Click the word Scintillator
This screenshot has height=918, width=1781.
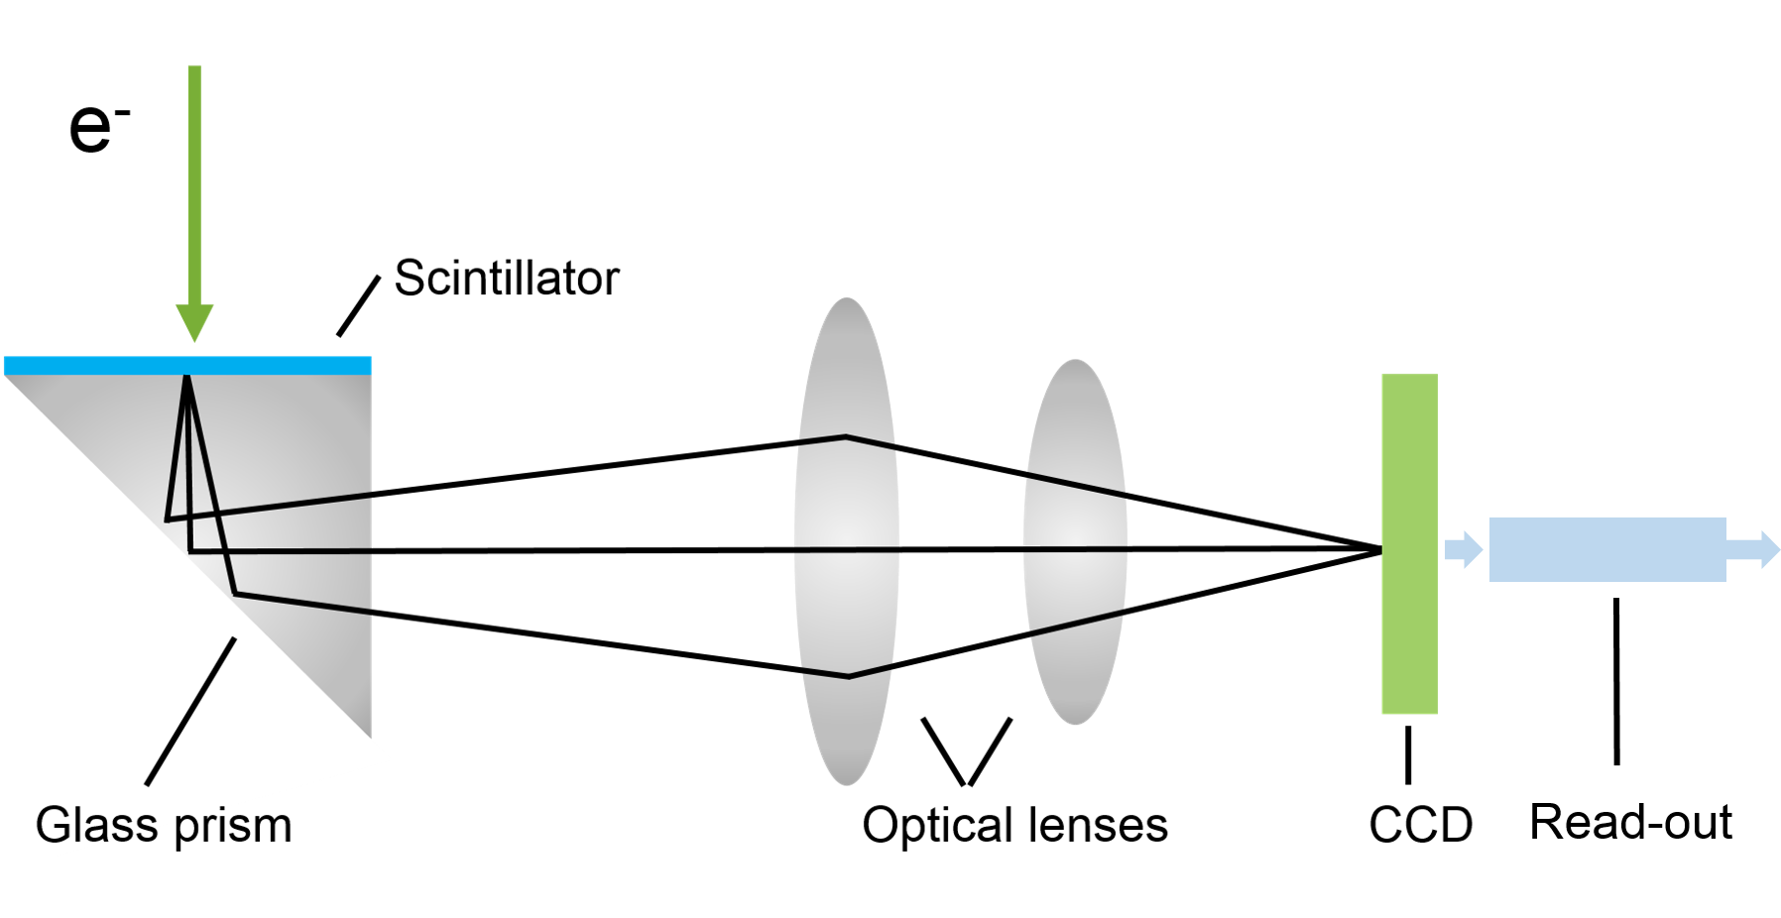click(506, 279)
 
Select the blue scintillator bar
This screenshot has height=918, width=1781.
click(187, 366)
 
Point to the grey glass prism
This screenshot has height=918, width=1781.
click(297, 516)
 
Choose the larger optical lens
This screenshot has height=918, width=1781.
click(846, 541)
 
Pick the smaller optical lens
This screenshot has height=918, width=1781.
click(1075, 541)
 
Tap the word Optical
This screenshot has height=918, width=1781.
click(937, 826)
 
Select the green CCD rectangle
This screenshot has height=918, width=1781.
click(1409, 543)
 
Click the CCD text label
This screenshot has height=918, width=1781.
click(1420, 826)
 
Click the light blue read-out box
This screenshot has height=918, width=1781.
click(1606, 549)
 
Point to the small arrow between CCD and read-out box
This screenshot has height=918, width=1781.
click(1463, 549)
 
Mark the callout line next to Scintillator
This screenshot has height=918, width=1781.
click(358, 306)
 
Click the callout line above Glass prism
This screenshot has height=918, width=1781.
click(190, 712)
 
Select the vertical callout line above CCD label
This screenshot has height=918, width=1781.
click(1407, 754)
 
